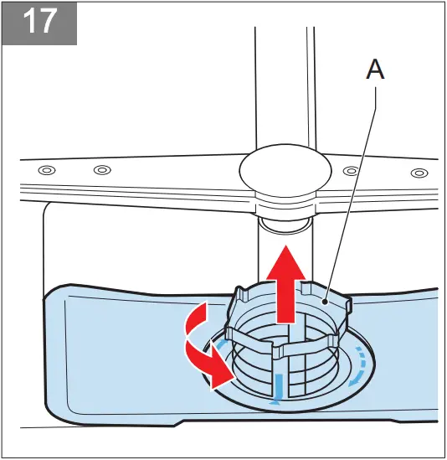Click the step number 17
tap(39, 23)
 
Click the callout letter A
tap(376, 71)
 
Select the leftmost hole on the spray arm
tap(46, 170)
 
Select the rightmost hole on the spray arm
tap(416, 173)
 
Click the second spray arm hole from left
tap(101, 170)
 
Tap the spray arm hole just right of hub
tap(352, 171)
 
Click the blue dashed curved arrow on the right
tap(360, 369)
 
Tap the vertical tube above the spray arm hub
tap(283, 84)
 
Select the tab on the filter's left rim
tap(240, 295)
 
